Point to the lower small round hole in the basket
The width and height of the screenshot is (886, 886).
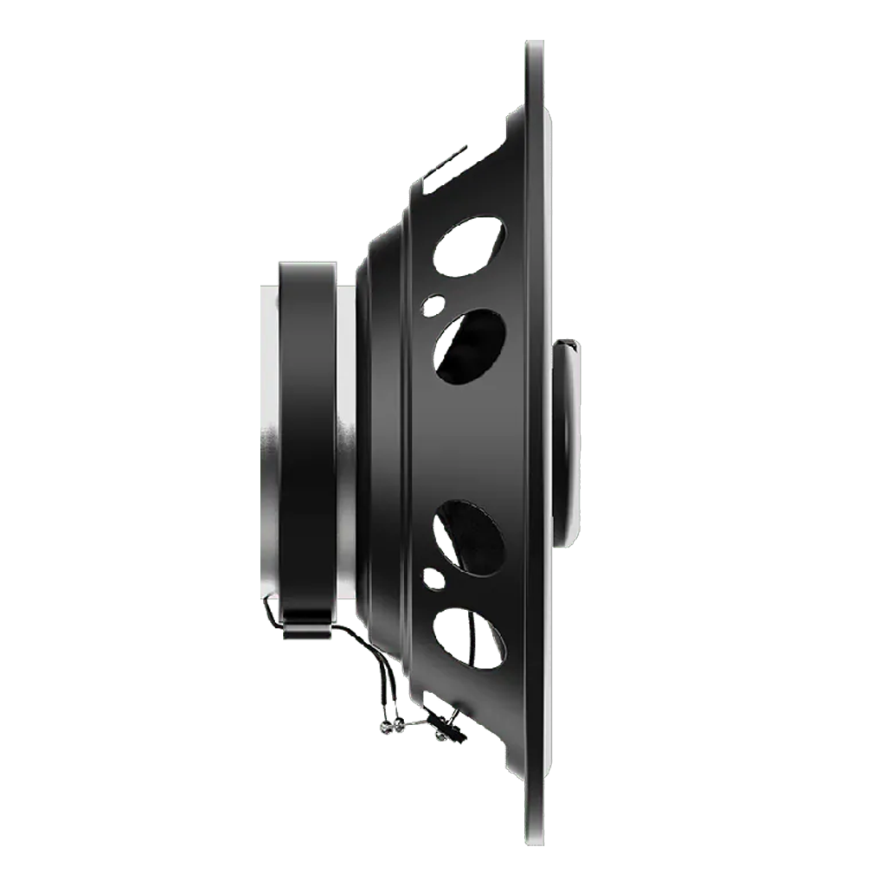(433, 578)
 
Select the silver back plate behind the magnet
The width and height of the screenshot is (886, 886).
(270, 441)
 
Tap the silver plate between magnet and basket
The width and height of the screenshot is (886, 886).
(346, 441)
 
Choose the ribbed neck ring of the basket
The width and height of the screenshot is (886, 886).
(381, 441)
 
